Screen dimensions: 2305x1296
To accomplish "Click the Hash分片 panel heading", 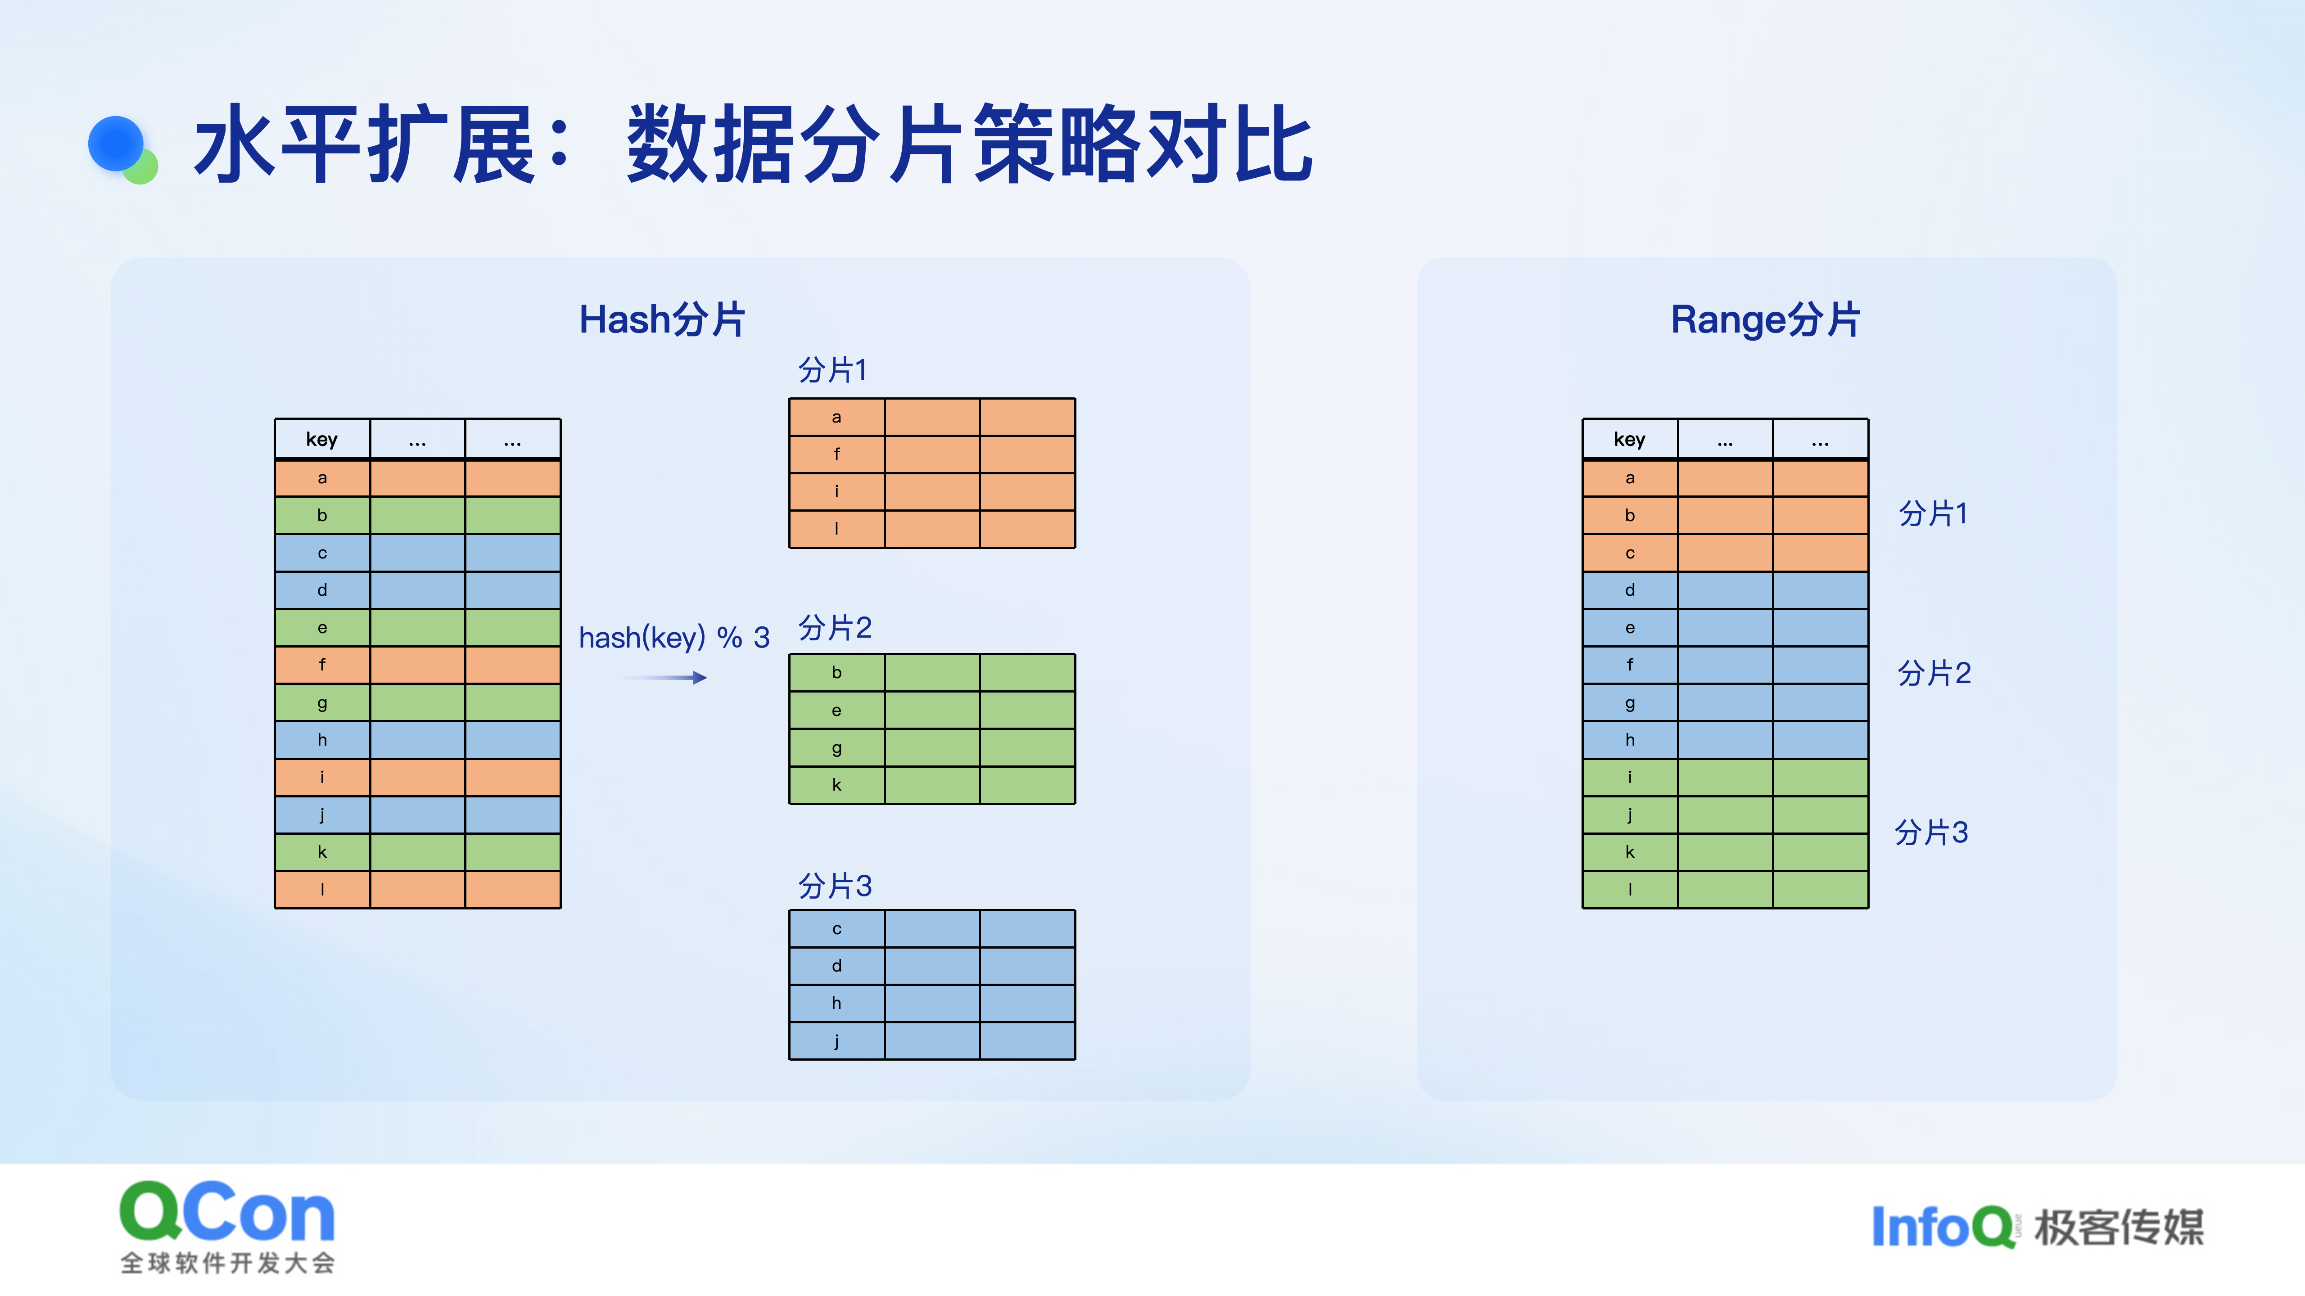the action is coord(662,319).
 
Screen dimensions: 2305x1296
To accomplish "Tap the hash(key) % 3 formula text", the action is coord(674,638).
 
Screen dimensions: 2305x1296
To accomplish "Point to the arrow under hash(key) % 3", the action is coord(665,678).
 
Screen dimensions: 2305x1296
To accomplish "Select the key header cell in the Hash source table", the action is coord(322,439).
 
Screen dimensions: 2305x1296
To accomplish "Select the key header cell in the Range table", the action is coord(1629,439).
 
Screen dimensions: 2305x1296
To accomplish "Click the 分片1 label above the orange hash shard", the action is coord(832,369).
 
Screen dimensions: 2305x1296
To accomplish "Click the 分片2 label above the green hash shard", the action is coord(834,628).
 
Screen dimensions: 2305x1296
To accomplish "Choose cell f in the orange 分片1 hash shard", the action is coord(836,454).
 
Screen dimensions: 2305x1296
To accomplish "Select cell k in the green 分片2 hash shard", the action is coord(836,785).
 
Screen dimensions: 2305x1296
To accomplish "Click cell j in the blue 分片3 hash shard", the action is coord(836,1041).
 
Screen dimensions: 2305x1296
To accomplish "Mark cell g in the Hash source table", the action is coord(322,703).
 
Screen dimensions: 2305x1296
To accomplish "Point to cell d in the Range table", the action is coord(1629,590).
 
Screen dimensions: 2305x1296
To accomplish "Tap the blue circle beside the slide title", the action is coord(116,143).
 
